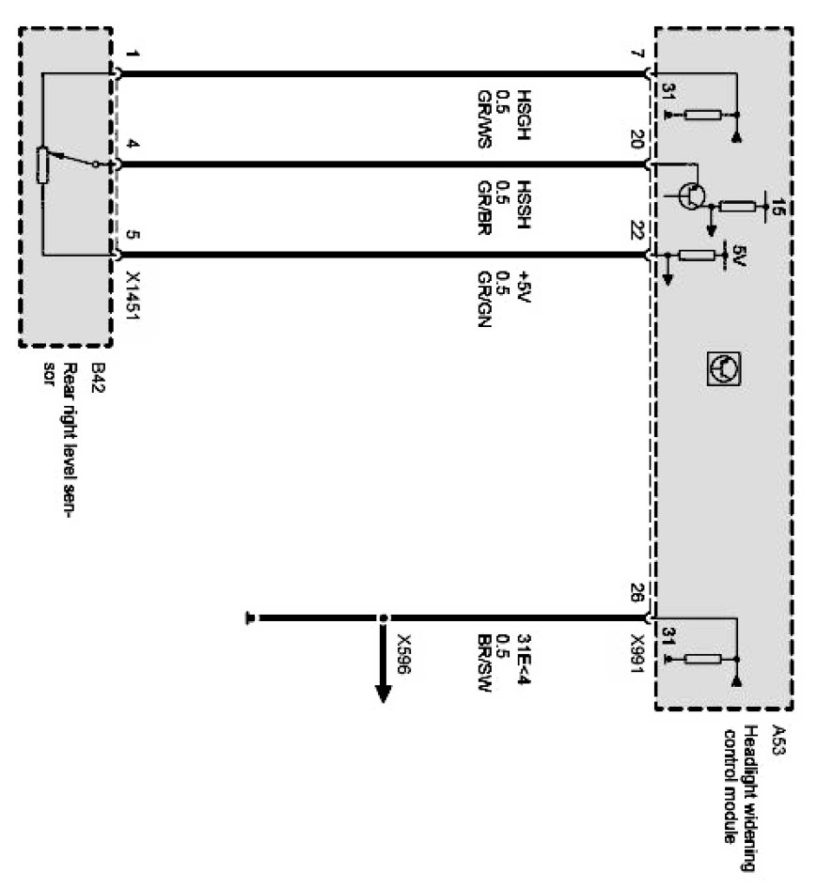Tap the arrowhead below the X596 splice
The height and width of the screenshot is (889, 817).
tap(383, 695)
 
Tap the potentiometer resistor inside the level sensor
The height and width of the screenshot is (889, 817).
tap(41, 164)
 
